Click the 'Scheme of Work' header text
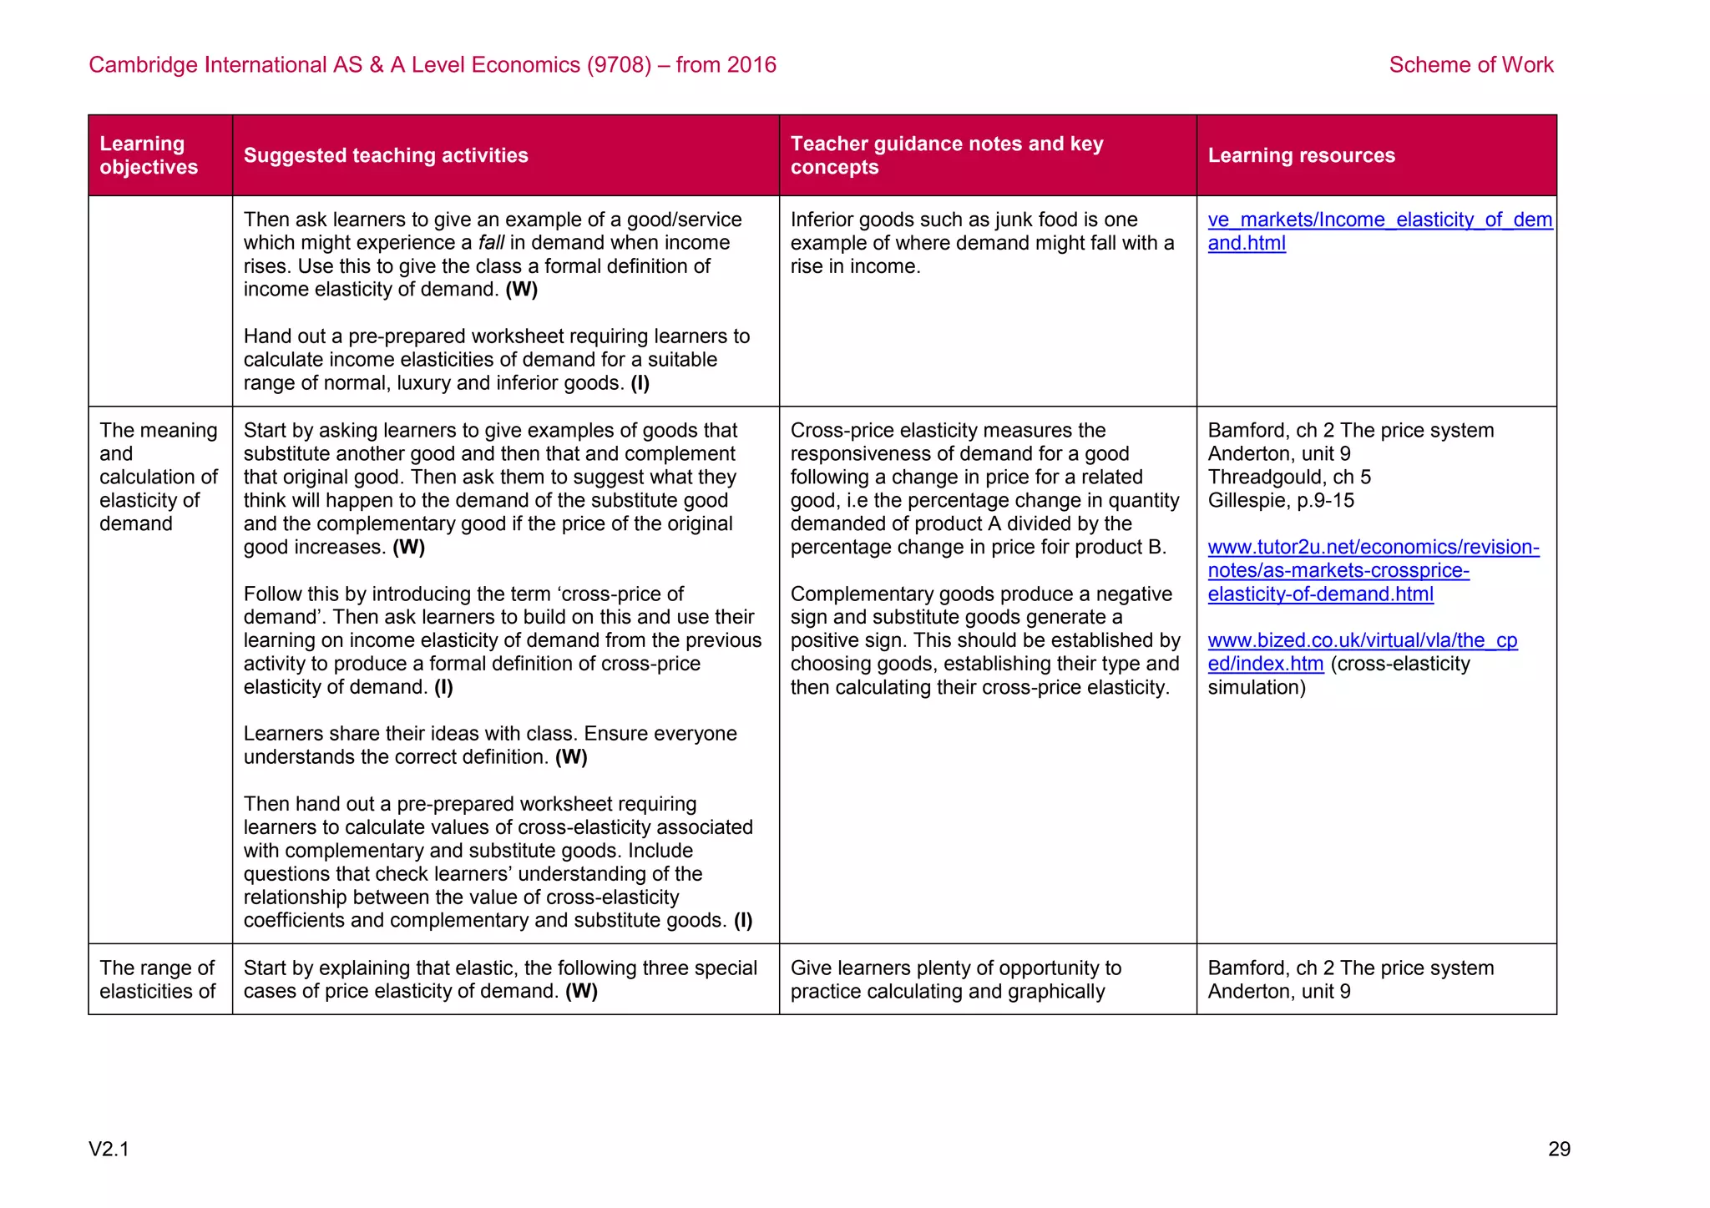point(1470,65)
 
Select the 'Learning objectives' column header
point(149,155)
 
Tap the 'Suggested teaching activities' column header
point(386,155)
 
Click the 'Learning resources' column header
point(1301,155)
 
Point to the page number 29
point(1559,1150)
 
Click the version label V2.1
point(109,1150)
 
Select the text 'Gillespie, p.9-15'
point(1280,501)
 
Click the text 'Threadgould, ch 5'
point(1288,478)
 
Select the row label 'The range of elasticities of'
point(157,979)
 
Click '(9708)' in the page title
point(618,65)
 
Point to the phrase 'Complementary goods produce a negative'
point(980,594)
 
